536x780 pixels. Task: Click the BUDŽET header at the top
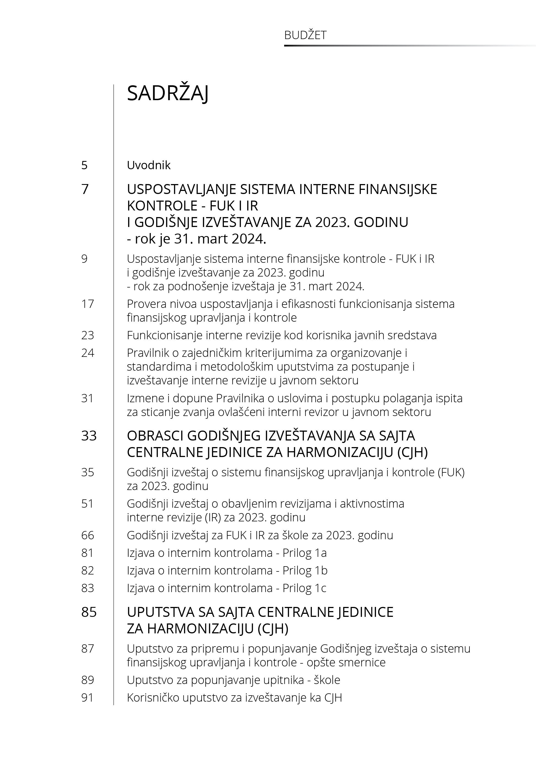pos(305,35)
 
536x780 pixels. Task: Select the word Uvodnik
pos(149,165)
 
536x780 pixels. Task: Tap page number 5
pos(84,165)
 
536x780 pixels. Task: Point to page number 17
pos(87,304)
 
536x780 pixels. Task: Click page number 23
pos(87,335)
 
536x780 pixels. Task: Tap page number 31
pos(87,398)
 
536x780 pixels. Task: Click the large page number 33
pos(89,436)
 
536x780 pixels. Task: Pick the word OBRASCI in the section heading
pos(155,436)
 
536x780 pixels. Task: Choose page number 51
pos(87,504)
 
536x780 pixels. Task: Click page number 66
pos(87,535)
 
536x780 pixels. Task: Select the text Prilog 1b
pos(305,571)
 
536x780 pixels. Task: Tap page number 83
pos(87,588)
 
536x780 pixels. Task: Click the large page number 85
pos(89,612)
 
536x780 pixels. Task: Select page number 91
pos(87,698)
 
